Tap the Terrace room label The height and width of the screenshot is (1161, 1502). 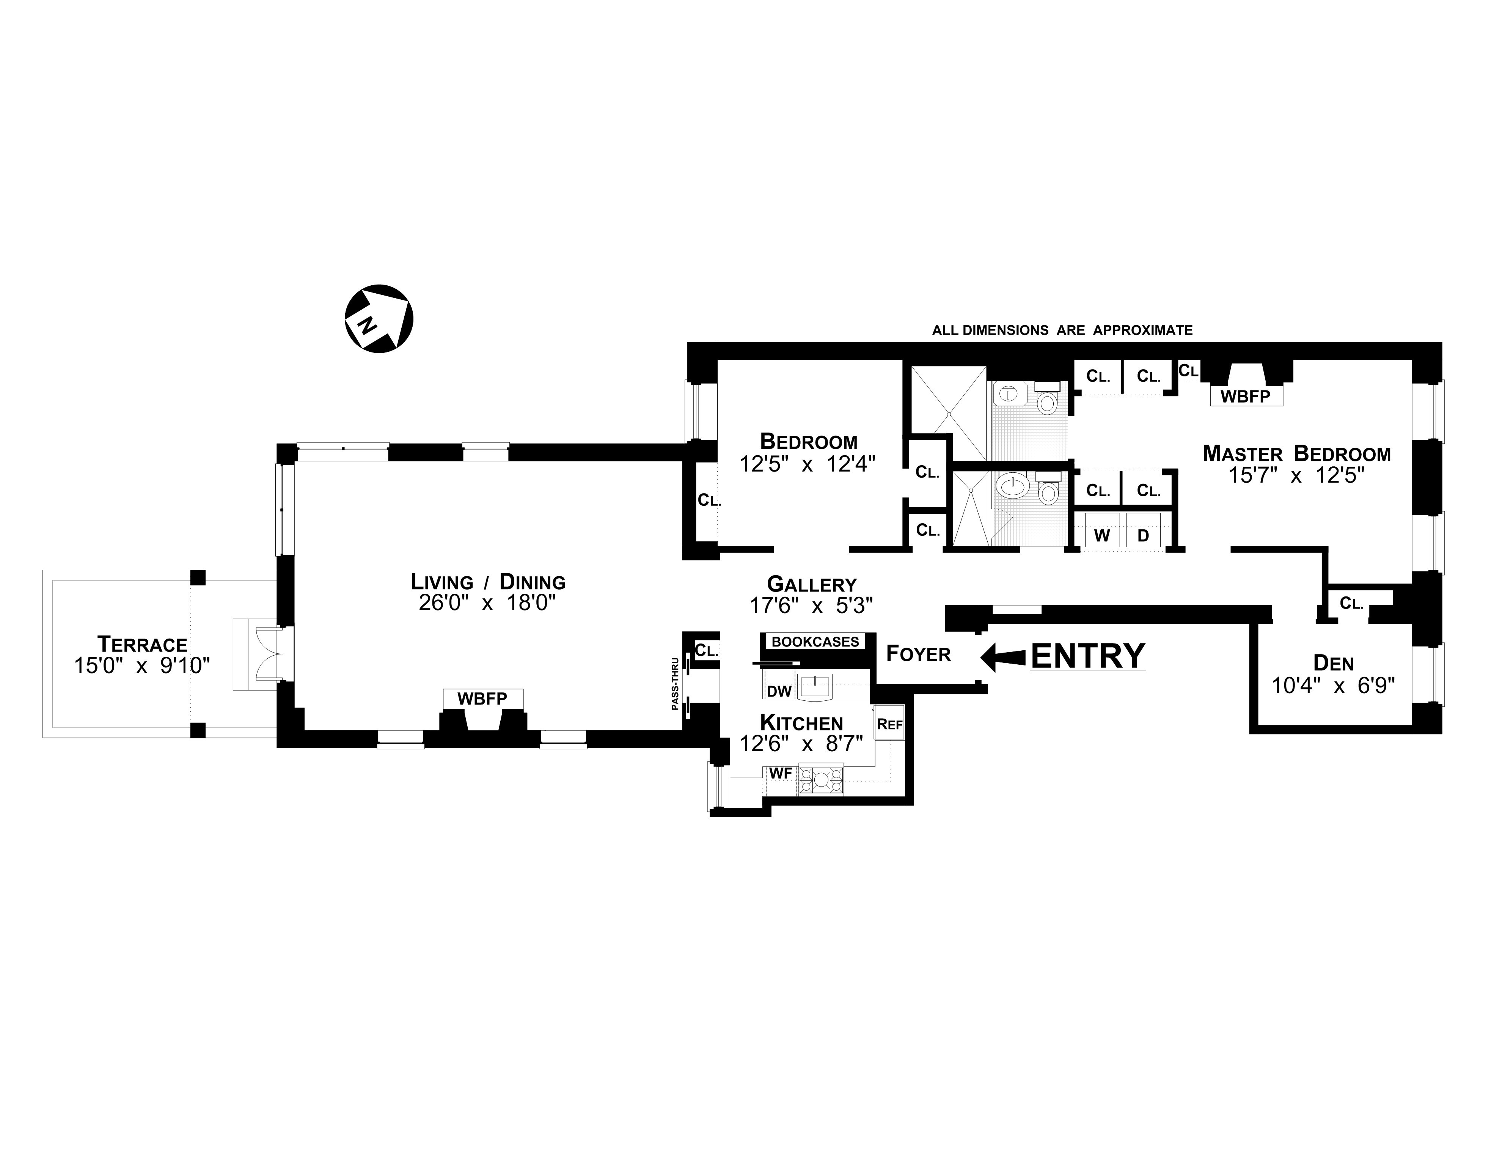(x=142, y=645)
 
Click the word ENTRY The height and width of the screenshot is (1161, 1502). (x=1088, y=656)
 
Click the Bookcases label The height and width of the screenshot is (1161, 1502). (x=815, y=642)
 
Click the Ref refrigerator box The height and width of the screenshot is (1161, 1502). (x=889, y=724)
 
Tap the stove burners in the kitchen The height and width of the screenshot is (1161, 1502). (x=820, y=780)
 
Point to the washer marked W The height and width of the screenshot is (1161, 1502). (x=1102, y=535)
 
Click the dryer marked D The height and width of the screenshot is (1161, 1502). (x=1143, y=535)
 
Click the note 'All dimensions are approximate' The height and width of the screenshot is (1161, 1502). (x=1062, y=330)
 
